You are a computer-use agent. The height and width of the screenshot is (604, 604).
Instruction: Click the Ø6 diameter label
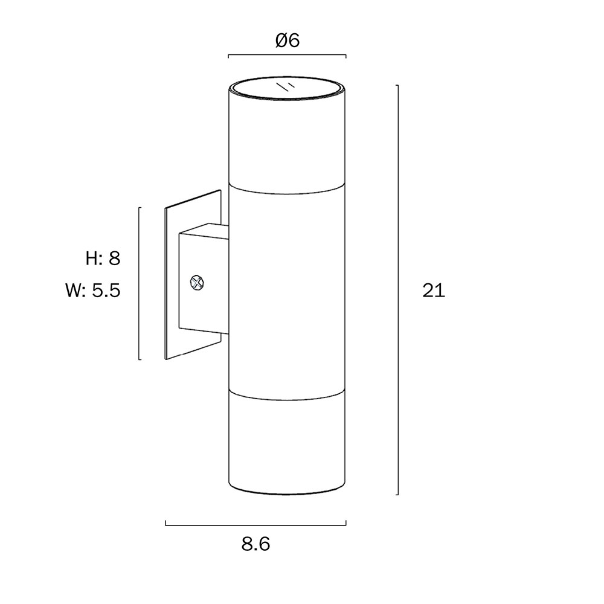point(288,40)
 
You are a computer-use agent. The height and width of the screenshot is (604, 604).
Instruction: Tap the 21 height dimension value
point(434,291)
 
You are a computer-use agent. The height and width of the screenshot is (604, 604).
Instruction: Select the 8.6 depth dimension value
point(255,544)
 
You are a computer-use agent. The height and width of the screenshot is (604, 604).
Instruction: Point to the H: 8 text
point(103,258)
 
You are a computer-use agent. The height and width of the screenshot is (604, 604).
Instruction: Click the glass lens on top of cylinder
point(287,89)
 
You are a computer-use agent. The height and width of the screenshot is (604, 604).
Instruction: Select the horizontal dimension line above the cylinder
point(287,55)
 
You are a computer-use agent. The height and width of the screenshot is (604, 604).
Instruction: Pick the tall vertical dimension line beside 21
point(397,290)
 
